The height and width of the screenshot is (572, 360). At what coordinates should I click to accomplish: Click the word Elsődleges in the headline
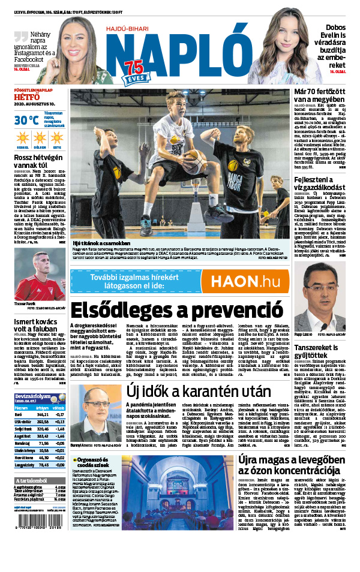point(126,311)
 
